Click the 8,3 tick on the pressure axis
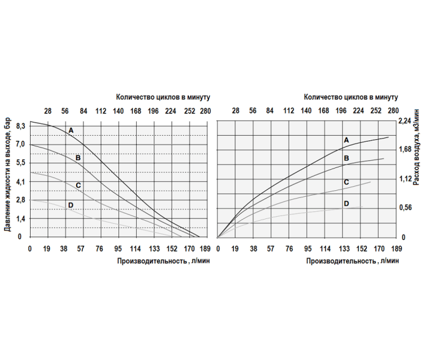point(21,125)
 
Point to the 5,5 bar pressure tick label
point(21,163)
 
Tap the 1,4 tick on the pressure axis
point(21,218)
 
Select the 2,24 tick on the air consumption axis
point(404,121)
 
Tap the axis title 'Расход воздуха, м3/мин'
point(415,151)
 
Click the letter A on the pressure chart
point(70,130)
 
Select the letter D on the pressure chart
point(70,205)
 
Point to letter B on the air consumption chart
point(346,158)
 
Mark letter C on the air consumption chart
point(346,182)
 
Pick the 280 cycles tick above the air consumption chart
point(394,110)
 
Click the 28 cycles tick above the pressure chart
point(47,110)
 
